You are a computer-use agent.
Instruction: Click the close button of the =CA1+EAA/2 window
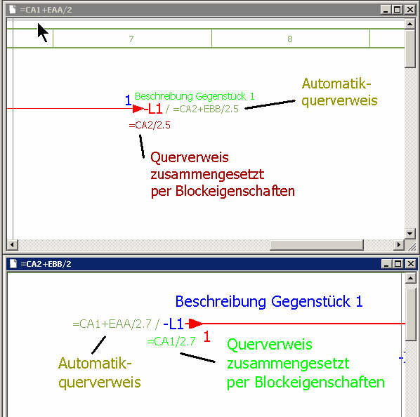click(410, 10)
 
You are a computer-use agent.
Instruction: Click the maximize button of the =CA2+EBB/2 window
click(398, 264)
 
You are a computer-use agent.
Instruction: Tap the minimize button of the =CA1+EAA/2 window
click(386, 10)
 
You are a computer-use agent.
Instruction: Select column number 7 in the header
click(131, 39)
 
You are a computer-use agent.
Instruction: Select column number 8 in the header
click(290, 39)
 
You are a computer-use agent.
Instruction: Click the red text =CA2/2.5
click(150, 125)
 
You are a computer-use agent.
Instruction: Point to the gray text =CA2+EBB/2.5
click(206, 110)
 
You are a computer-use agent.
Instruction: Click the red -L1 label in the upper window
click(153, 109)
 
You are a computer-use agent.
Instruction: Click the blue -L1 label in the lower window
click(173, 324)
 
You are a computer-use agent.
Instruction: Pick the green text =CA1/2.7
click(171, 341)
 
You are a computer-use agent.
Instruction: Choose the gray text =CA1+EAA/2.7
click(112, 324)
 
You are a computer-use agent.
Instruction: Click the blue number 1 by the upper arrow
click(129, 100)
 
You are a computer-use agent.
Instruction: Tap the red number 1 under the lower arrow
click(206, 336)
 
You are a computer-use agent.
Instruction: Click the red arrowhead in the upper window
click(138, 109)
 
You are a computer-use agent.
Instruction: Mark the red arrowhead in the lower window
click(195, 324)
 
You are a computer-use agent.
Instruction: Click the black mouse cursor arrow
click(43, 32)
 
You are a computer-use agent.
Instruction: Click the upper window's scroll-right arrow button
click(399, 244)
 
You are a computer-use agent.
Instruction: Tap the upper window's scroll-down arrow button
click(410, 233)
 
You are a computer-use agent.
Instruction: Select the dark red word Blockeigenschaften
click(235, 191)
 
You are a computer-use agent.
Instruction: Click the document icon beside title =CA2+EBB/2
click(13, 264)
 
